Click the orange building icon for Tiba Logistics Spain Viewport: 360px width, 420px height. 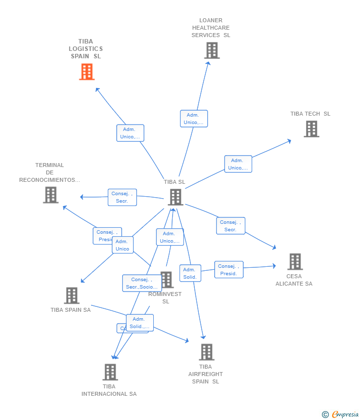87,72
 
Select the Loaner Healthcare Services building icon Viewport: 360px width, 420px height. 212,50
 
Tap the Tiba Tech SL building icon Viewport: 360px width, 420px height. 311,129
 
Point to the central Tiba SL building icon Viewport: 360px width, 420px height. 175,197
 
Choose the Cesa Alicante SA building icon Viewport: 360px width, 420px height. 295,261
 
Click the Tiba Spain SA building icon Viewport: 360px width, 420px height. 72,295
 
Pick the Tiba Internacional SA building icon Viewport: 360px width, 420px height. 110,372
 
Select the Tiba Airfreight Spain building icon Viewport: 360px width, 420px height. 206,352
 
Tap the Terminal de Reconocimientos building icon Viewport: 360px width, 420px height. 50,195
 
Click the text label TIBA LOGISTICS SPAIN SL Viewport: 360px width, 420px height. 86,49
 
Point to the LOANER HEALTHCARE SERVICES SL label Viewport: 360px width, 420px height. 211,28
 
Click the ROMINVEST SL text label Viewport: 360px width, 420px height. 165,297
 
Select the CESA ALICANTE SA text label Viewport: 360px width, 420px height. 294,280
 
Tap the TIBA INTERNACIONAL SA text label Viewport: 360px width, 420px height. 109,390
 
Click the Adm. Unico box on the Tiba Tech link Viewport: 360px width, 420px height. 238,164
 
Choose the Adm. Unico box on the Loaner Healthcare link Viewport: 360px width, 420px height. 193,119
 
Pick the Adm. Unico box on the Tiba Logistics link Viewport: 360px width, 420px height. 130,133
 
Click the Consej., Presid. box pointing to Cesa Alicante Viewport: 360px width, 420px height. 228,270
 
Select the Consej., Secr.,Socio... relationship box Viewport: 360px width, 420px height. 141,283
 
